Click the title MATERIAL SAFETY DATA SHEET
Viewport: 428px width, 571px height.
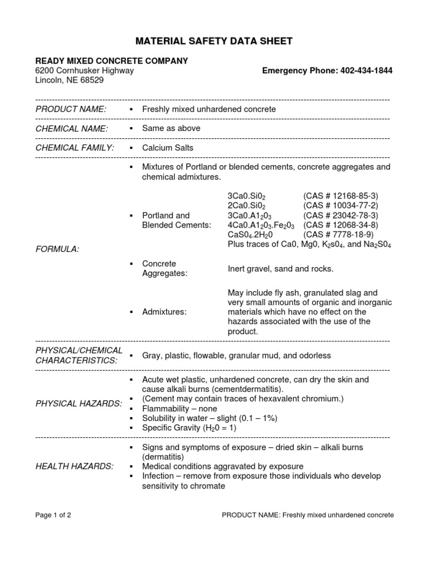coord(215,41)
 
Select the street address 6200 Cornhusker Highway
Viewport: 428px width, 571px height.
coord(84,71)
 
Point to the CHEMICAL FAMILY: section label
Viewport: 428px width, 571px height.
coord(75,148)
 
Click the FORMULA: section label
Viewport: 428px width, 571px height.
coord(57,249)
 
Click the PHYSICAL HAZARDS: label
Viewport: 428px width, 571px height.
coord(79,403)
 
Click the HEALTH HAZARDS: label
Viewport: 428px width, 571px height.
coord(74,466)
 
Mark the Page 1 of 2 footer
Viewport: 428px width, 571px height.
coord(53,515)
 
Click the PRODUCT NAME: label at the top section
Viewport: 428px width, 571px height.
coord(70,109)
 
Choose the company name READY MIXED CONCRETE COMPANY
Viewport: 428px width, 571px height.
coord(111,61)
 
